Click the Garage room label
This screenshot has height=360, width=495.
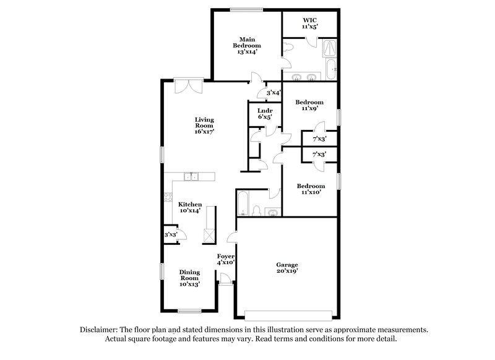(286, 268)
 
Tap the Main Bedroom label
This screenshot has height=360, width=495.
(246, 46)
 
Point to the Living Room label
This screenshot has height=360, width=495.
(204, 125)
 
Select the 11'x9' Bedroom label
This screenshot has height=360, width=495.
(309, 105)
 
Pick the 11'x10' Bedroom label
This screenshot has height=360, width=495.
(310, 189)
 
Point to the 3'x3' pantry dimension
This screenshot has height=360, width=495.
(170, 235)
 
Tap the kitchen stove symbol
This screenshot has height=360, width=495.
(168, 198)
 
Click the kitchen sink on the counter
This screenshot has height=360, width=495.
(191, 177)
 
